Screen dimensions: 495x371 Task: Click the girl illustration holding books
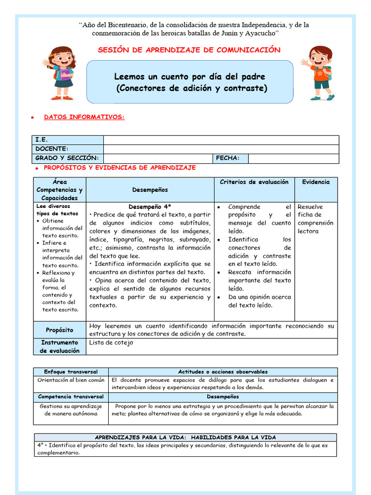coord(60,73)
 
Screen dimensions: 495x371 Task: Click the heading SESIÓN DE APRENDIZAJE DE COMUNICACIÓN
coord(189,50)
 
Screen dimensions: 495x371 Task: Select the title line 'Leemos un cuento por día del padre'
coord(189,77)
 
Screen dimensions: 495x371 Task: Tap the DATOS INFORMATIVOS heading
coord(84,117)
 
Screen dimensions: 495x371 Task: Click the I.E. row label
coord(42,140)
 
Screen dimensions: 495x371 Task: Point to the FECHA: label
coord(231,158)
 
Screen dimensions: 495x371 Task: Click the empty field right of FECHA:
coord(293,158)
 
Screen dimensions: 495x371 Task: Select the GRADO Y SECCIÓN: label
coord(67,158)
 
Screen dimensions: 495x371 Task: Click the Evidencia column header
coord(316,182)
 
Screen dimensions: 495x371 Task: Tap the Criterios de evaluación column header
coord(254,182)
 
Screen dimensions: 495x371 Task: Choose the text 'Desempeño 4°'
coord(150,206)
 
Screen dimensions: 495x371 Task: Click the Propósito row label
coord(59,330)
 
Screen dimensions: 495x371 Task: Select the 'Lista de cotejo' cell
coord(111,343)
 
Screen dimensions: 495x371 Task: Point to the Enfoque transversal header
coord(71,372)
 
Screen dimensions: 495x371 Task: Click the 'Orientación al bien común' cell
coord(71,380)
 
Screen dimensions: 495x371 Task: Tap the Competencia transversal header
coord(71,396)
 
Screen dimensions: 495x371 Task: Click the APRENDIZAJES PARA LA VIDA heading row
coord(185,437)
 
